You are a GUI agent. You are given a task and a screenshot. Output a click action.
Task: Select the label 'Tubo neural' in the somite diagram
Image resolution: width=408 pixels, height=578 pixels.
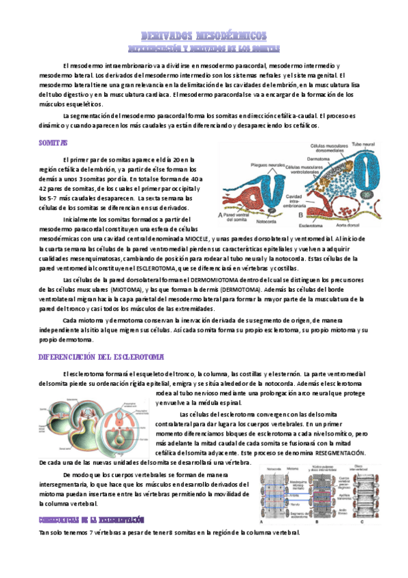click(364, 144)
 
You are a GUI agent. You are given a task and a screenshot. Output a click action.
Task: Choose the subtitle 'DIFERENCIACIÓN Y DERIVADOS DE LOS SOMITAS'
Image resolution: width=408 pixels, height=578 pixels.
click(203, 48)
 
